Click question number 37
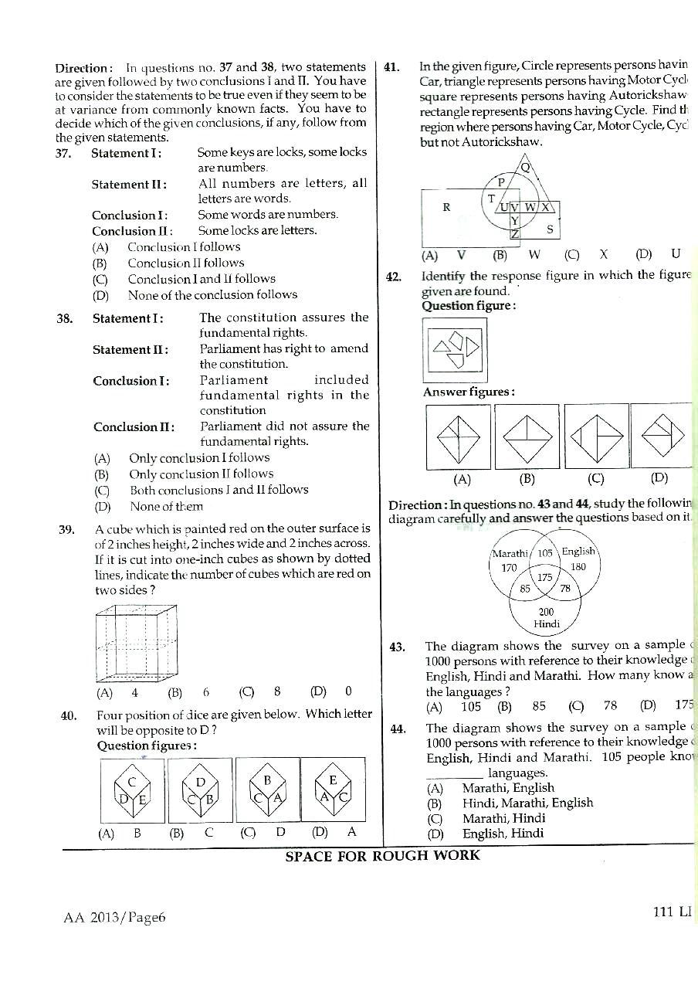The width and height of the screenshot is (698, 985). [63, 153]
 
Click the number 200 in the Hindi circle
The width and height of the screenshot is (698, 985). [546, 611]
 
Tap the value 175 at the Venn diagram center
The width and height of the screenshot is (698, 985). [544, 577]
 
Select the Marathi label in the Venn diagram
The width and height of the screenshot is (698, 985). [510, 553]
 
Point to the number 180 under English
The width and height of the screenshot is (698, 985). [578, 566]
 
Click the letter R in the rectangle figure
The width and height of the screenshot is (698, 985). [446, 207]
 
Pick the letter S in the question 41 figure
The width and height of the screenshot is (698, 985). [549, 229]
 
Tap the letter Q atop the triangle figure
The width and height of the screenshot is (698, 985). [526, 167]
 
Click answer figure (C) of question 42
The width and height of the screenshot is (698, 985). [595, 436]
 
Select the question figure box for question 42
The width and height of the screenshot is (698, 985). [456, 351]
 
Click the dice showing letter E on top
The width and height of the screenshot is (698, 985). [333, 790]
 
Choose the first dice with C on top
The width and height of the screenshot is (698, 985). [132, 790]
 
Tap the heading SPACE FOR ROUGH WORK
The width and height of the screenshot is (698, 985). [382, 855]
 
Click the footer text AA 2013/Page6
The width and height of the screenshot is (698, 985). [116, 917]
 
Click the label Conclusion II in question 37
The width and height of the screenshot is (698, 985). [131, 231]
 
